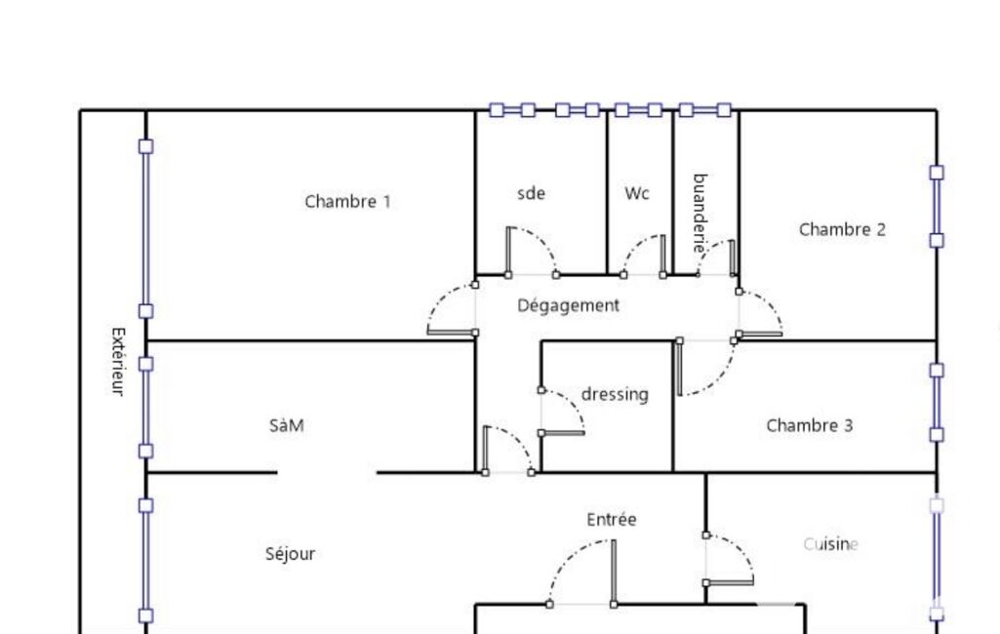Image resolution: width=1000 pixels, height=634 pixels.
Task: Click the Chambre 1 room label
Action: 347,202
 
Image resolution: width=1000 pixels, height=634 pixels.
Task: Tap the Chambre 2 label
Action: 842,229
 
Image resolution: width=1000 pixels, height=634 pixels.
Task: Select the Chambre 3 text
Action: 809,425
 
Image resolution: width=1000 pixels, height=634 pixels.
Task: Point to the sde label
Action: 531,193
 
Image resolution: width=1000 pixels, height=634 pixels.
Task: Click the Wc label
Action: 637,193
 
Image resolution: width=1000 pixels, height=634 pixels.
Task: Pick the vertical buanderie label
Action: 700,214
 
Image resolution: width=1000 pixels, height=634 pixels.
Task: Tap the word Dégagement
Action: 568,305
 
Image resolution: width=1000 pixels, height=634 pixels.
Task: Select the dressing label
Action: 615,394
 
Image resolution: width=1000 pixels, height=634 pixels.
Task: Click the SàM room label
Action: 286,425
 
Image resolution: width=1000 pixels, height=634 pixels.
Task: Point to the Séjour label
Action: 290,554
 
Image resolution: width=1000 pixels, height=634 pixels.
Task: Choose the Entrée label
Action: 612,520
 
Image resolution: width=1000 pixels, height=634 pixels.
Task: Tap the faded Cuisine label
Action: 830,544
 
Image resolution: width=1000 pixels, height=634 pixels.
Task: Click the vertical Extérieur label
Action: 117,361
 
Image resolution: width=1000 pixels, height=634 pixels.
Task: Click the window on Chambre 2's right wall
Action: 937,206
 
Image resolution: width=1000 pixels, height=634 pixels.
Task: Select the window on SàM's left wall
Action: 146,407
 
